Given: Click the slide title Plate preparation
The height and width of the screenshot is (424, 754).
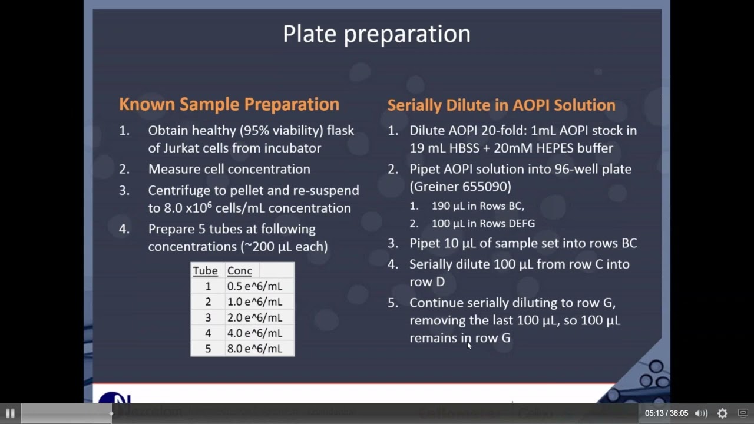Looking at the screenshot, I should point(376,34).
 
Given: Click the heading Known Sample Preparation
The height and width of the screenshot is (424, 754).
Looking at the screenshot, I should point(229,104).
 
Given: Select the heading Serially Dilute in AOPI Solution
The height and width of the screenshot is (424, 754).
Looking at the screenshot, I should point(501,105).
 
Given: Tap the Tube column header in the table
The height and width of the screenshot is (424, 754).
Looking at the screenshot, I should point(205,271).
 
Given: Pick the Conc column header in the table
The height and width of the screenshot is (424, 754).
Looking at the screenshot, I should point(239,271).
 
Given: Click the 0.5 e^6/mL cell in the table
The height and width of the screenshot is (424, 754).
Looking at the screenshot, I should point(254,286).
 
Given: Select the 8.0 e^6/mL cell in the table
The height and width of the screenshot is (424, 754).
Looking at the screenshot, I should point(254,349).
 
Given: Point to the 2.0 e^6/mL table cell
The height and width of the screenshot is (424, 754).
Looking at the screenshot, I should point(254,317).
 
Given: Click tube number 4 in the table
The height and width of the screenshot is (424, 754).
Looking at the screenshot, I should point(207,333).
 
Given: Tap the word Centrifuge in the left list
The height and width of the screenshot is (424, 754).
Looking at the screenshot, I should point(175,191).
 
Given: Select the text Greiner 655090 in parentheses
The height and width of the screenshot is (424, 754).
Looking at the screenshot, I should point(460,187).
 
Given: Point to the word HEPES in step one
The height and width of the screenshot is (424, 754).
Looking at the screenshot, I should point(559,148).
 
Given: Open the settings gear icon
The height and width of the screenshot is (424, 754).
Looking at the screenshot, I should point(722,413).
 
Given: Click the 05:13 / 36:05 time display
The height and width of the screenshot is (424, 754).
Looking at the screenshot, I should point(666,413).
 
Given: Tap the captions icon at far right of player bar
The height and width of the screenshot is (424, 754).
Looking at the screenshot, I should point(743,413).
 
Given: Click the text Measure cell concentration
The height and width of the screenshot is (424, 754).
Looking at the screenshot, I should point(229,170).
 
